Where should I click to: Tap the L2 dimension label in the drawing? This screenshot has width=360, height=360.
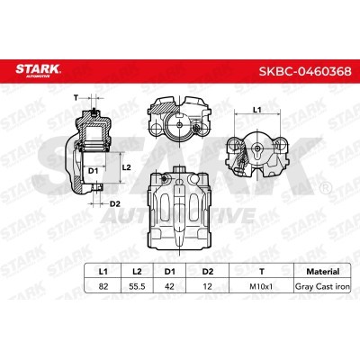pos(128,167)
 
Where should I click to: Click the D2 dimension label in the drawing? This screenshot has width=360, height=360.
pos(115,204)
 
